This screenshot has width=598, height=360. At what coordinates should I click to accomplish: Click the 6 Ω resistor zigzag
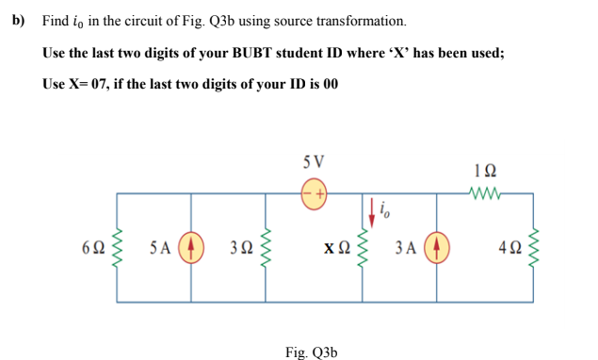118,249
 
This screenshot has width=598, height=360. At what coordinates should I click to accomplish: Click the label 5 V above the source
315,160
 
